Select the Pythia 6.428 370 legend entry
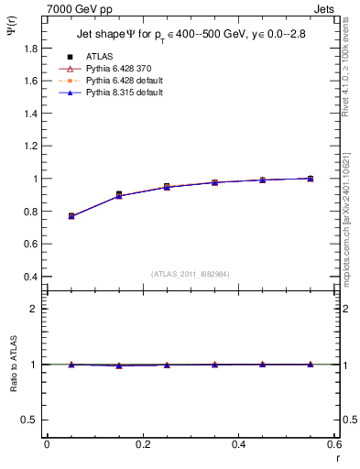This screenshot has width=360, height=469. (115, 69)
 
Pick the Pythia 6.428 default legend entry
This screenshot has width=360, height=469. (119, 81)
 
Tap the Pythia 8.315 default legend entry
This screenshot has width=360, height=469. (119, 93)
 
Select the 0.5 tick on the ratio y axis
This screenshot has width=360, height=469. (31, 420)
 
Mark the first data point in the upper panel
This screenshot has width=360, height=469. (71, 216)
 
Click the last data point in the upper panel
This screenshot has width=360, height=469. (311, 179)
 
